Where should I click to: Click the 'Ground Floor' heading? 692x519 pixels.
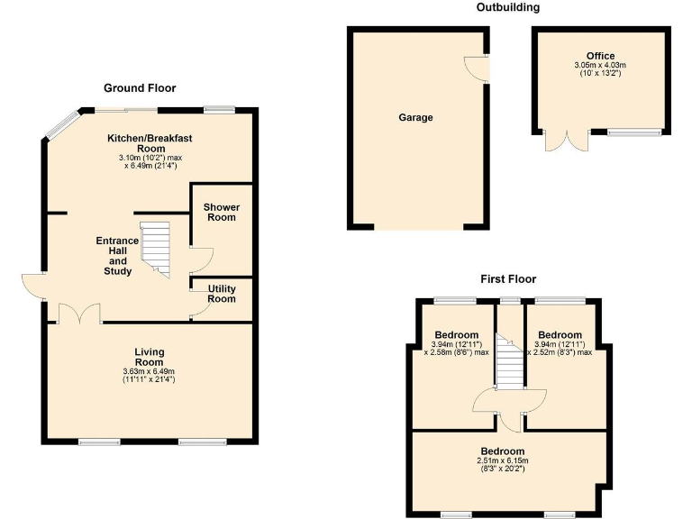pos(140,87)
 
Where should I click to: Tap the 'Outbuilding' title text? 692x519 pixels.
pos(507,7)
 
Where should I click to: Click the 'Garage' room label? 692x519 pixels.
pos(416,117)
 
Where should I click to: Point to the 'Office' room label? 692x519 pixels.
pos(599,56)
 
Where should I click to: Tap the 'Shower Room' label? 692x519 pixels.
pos(221,212)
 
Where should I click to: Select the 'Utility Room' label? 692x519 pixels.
pos(222,294)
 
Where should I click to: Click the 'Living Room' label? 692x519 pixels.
pos(150,357)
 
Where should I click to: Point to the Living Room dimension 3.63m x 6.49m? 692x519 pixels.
pos(150,376)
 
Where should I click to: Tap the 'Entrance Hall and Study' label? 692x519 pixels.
pos(117,256)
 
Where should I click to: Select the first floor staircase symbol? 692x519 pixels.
pos(511,360)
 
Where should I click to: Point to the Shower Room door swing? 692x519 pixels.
pos(199,259)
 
